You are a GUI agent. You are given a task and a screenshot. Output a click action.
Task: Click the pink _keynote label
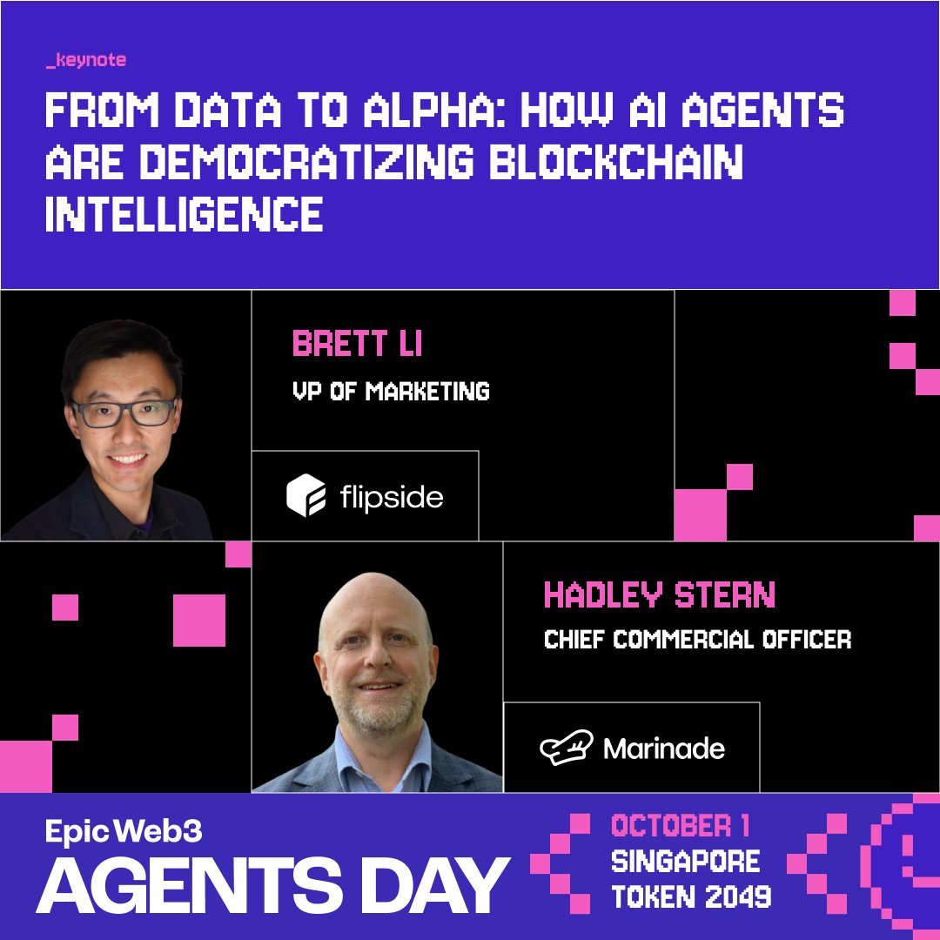pyautogui.click(x=85, y=61)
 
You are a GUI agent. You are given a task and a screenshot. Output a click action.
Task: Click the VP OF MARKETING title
pyautogui.click(x=391, y=391)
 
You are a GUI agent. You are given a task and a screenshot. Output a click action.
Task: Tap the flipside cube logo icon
pyautogui.click(x=305, y=496)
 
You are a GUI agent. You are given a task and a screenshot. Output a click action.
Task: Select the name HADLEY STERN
pyautogui.click(x=659, y=595)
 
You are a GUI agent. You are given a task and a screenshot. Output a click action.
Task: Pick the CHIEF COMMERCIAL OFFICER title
pyautogui.click(x=697, y=640)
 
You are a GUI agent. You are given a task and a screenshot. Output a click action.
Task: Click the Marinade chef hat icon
pyautogui.click(x=565, y=748)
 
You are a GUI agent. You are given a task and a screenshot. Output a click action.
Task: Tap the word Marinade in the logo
pyautogui.click(x=663, y=748)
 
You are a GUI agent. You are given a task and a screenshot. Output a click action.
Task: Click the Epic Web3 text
pyautogui.click(x=124, y=831)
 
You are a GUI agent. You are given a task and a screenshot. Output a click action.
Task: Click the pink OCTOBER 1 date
pyautogui.click(x=681, y=825)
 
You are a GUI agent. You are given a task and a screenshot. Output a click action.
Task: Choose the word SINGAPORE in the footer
pyautogui.click(x=686, y=862)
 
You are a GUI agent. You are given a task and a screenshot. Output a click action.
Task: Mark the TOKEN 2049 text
pyautogui.click(x=691, y=897)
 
